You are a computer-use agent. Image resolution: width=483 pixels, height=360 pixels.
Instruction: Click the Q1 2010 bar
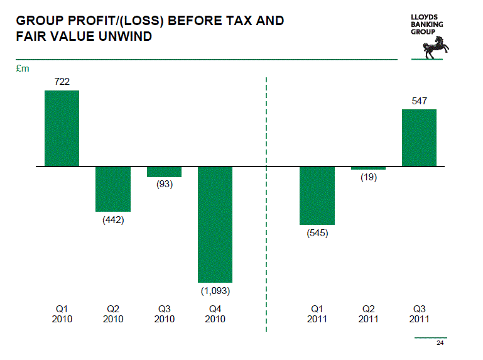point(62,128)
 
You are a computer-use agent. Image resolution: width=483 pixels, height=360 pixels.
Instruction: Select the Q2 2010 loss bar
point(113,189)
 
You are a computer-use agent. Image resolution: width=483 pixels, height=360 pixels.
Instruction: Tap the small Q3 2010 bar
point(164,172)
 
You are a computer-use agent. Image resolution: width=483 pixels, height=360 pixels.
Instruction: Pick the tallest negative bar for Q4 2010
point(215,224)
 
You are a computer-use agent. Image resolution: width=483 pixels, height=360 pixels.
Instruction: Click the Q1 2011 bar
point(317,195)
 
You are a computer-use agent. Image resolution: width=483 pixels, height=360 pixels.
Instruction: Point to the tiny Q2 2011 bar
point(368,168)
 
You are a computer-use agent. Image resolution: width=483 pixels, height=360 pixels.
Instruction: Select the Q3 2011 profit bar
point(419,138)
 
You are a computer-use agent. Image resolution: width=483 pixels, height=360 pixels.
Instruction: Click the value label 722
point(62,82)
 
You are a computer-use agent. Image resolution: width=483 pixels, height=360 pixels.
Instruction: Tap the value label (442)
point(113,220)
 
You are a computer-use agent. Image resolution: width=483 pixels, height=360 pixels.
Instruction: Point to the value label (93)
point(164,185)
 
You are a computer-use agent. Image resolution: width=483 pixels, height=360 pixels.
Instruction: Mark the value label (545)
point(317,233)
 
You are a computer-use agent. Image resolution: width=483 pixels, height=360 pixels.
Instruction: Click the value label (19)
point(368,178)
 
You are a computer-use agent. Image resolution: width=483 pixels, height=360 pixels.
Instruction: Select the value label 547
point(419,101)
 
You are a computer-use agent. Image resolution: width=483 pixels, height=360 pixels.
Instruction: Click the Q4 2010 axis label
point(215,314)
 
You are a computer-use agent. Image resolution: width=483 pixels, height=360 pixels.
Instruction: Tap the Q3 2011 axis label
point(419,314)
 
